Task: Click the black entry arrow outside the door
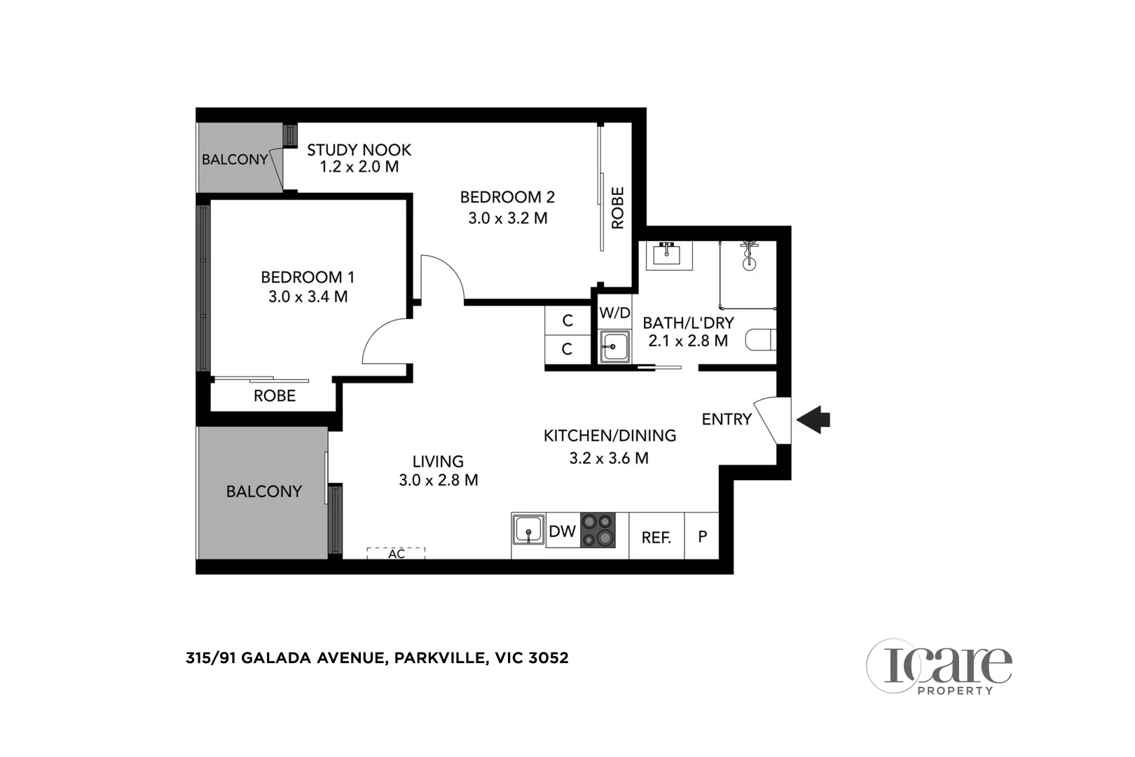click(814, 420)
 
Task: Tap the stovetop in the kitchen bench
click(598, 530)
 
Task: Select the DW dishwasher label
click(562, 531)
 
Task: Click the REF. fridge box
click(656, 537)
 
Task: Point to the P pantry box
click(702, 536)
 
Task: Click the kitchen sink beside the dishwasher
click(528, 530)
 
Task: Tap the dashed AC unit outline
click(396, 553)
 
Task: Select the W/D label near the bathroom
click(614, 313)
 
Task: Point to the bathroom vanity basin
click(668, 255)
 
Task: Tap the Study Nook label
click(359, 150)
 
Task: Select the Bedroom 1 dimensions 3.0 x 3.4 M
click(308, 296)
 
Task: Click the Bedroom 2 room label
click(507, 197)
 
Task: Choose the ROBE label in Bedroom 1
click(275, 396)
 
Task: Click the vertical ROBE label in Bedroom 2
click(617, 207)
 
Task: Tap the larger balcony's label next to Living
click(263, 491)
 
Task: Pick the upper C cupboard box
click(567, 320)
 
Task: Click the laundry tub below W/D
click(615, 346)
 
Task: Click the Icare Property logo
click(939, 667)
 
